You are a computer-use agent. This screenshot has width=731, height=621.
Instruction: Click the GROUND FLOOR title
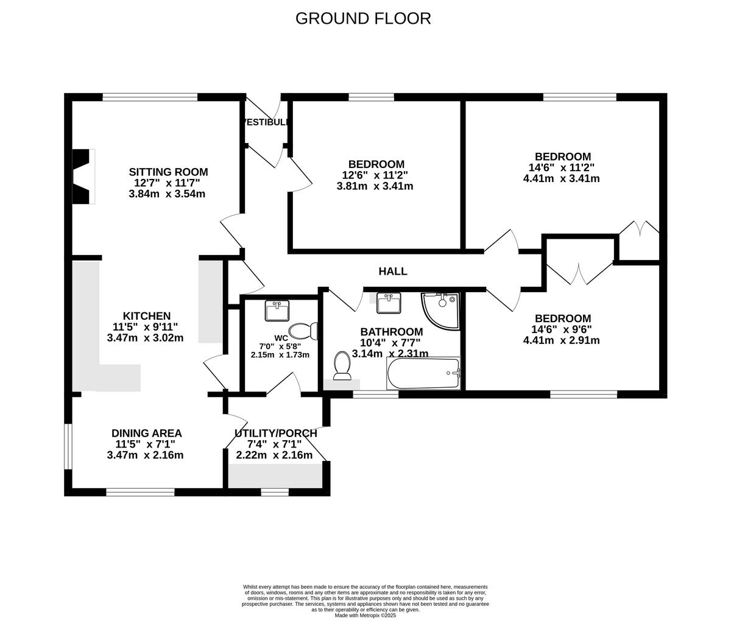click(363, 18)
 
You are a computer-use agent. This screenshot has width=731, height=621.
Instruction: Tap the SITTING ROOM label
click(168, 172)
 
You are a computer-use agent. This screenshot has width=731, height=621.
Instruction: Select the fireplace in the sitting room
click(83, 177)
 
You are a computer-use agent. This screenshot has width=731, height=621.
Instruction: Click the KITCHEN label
click(147, 316)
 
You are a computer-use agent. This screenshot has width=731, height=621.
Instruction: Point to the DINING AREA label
click(147, 433)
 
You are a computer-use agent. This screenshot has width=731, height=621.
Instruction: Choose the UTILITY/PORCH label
click(275, 433)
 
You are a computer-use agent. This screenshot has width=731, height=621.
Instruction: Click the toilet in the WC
click(303, 331)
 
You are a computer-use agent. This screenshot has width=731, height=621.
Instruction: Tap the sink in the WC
click(278, 310)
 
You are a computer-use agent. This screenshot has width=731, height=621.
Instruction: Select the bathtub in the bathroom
click(423, 373)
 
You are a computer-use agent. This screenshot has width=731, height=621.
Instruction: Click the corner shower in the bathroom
click(441, 309)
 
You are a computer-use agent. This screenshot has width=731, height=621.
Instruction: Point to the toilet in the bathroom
click(342, 367)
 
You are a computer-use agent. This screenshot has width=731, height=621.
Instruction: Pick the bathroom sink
click(388, 303)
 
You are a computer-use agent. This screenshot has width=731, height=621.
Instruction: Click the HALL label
click(393, 272)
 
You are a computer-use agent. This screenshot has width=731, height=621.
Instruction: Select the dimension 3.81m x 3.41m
click(375, 186)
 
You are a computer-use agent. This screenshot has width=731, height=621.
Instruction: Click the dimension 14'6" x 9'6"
click(561, 329)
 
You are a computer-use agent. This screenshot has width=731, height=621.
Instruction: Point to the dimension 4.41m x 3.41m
click(561, 178)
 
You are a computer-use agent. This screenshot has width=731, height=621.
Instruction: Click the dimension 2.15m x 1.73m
click(280, 355)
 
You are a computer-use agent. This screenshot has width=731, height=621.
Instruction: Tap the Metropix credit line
click(365, 615)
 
